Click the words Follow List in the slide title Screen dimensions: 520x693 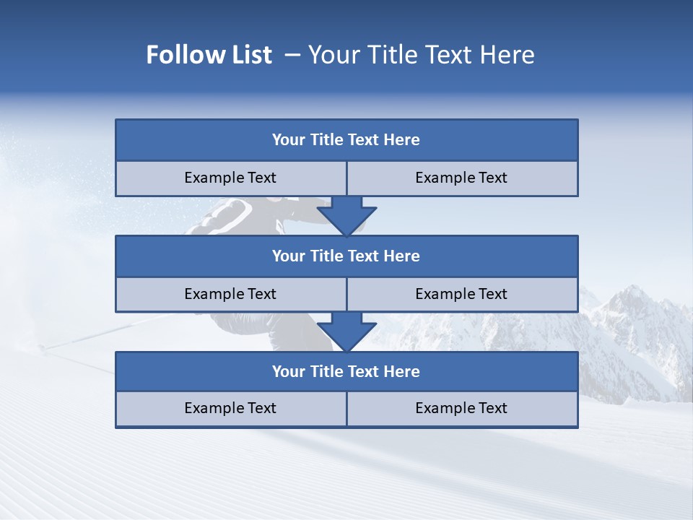pyautogui.click(x=209, y=55)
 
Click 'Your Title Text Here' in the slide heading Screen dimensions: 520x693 pyautogui.click(x=422, y=55)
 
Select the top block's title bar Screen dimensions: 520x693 pyautogui.click(x=346, y=140)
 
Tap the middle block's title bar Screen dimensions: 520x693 pyautogui.click(x=346, y=256)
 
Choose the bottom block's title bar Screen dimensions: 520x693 pyautogui.click(x=346, y=371)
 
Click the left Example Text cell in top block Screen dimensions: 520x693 pyautogui.click(x=230, y=178)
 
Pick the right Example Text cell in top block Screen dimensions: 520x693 pyautogui.click(x=462, y=178)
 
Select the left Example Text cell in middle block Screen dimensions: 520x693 pyautogui.click(x=230, y=294)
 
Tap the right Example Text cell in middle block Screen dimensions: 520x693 pyautogui.click(x=462, y=294)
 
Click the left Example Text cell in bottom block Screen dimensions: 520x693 pyautogui.click(x=230, y=408)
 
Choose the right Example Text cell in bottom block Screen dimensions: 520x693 pyautogui.click(x=462, y=408)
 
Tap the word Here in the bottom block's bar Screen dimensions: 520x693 pyautogui.click(x=401, y=371)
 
